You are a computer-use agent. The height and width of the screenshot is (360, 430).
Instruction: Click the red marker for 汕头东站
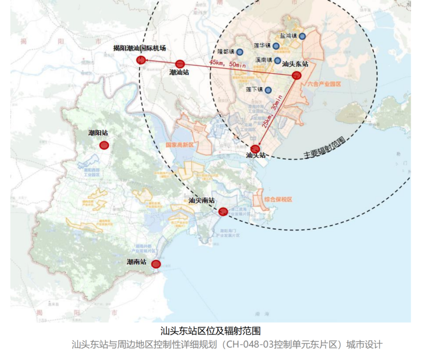coord(296,76)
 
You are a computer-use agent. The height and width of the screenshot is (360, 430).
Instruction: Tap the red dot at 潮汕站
coord(180,64)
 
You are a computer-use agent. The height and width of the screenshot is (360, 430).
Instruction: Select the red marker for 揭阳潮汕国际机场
coord(141,60)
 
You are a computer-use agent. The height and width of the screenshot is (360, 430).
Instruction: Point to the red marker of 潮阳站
coord(104,145)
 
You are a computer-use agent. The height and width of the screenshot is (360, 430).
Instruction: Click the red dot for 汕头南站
coord(223,211)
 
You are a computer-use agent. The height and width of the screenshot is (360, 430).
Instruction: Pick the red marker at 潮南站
coord(156,264)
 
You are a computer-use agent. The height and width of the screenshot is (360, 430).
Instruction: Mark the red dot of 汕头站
coord(255,149)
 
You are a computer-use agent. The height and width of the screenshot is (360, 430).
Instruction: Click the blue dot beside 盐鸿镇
coord(302,36)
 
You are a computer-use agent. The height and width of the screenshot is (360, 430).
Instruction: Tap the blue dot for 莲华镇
coord(276,46)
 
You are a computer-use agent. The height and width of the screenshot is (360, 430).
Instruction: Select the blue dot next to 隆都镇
coord(240,52)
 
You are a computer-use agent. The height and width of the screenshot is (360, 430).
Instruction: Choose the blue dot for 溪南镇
coord(278,61)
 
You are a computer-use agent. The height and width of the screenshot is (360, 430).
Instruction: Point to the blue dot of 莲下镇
coord(268,90)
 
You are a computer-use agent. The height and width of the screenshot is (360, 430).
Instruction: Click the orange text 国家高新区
coord(180,145)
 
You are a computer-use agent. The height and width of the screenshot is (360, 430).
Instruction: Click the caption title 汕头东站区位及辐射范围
coord(210,331)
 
